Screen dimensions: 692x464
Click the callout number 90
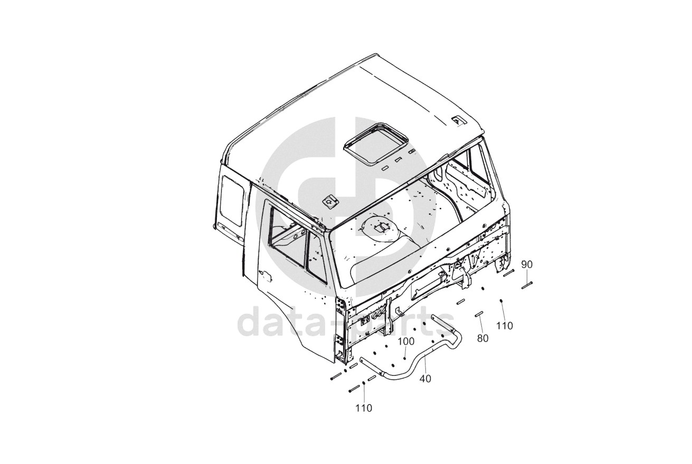coord(527,264)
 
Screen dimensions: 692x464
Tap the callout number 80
coord(482,338)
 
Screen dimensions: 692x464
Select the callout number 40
coord(425,378)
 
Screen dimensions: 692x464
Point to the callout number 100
coord(406,342)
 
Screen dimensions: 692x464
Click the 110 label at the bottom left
coord(363,408)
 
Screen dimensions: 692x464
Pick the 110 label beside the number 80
coord(505,326)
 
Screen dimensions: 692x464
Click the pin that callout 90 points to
coord(527,283)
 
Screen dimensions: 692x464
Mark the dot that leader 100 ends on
coord(405,358)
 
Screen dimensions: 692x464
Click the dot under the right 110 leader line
coord(501,301)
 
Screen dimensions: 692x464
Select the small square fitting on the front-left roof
coord(330,201)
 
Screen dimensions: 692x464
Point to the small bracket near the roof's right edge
coord(458,120)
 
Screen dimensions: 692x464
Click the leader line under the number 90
coord(527,275)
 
